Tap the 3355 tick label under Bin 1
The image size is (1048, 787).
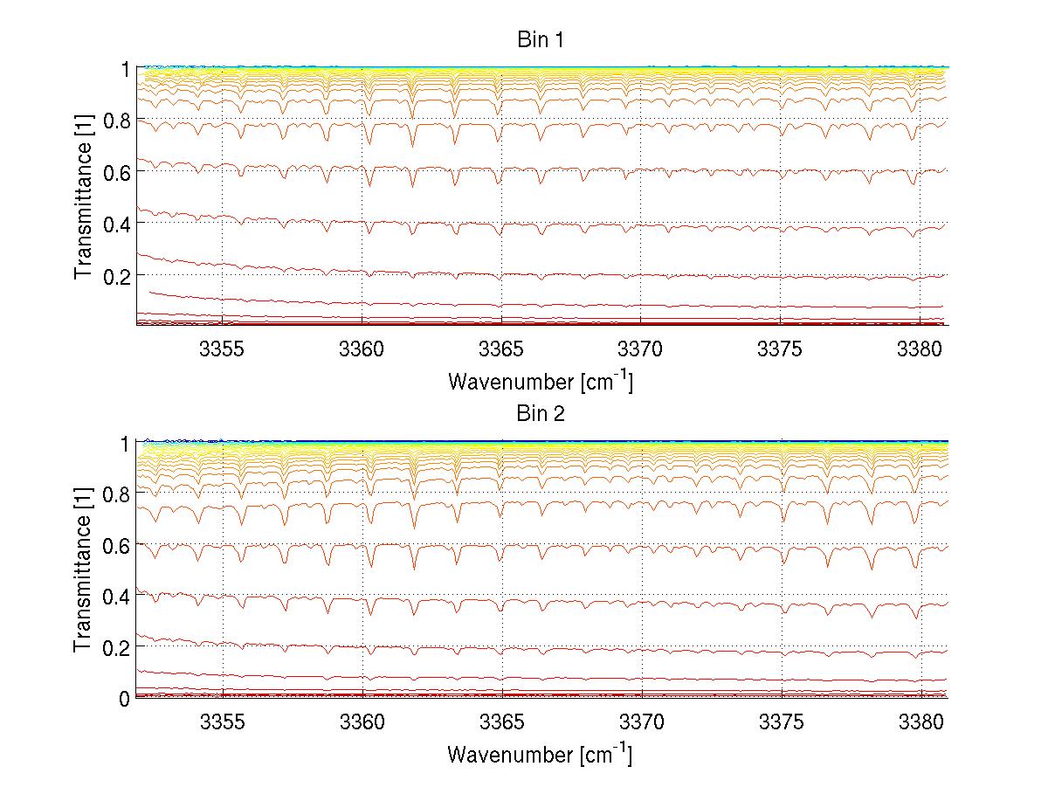223,348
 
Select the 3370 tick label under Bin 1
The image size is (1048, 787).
642,348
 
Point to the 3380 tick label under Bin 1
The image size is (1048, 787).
921,348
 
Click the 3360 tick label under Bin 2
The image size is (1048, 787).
362,721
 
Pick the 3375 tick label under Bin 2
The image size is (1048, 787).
782,721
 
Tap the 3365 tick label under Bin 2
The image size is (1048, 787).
502,721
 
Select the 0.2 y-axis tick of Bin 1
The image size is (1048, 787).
115,275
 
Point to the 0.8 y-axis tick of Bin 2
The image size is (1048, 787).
115,494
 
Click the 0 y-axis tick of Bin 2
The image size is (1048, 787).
125,698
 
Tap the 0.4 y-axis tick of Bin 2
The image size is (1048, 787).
115,596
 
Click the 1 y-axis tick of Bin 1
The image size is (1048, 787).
125,68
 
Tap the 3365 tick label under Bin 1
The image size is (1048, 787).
502,348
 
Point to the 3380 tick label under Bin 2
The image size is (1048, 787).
921,721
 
